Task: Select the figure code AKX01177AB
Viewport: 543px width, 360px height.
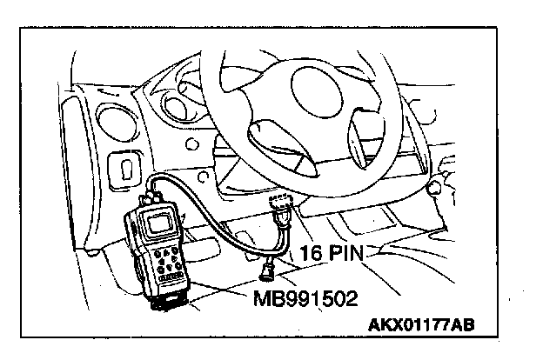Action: point(422,327)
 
